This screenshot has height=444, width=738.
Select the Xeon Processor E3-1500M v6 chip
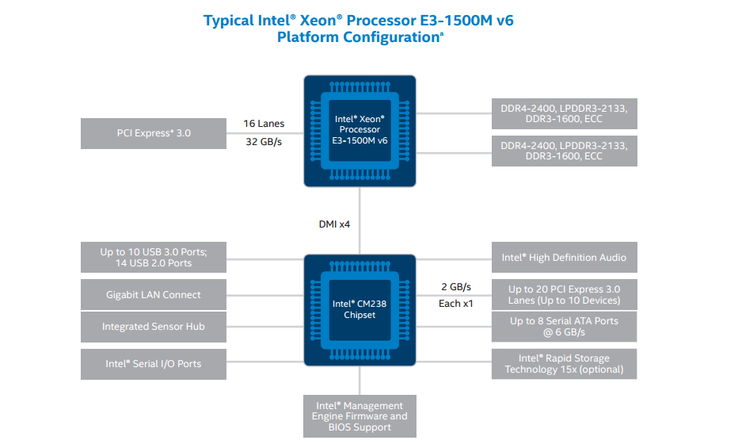pyautogui.click(x=359, y=130)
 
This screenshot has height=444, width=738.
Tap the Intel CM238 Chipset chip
pyautogui.click(x=359, y=309)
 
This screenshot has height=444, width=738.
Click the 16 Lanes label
pyautogui.click(x=264, y=124)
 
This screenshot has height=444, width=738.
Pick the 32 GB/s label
pyautogui.click(x=264, y=144)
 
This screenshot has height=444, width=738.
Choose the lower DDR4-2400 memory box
pyautogui.click(x=564, y=151)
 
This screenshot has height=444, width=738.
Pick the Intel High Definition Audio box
pyautogui.click(x=564, y=258)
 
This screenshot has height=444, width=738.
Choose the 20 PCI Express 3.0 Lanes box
pyautogui.click(x=564, y=295)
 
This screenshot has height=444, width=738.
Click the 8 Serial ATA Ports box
pyautogui.click(x=564, y=327)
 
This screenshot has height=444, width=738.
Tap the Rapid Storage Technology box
pyautogui.click(x=564, y=364)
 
